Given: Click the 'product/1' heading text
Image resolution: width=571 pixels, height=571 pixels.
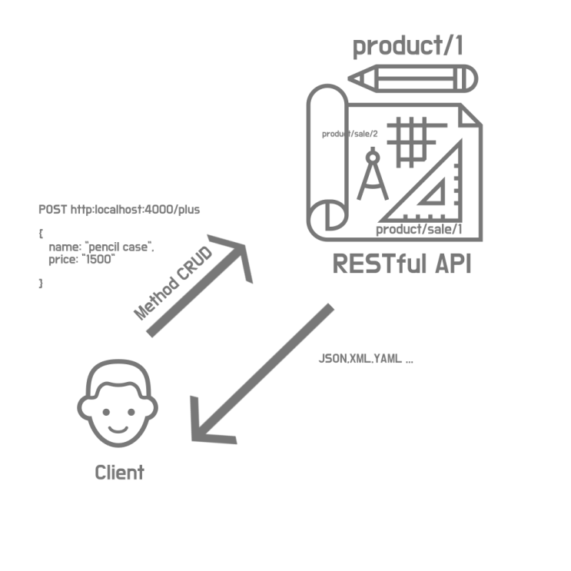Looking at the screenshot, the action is (408, 46).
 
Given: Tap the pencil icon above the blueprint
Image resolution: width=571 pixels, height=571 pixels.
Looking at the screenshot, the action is (413, 78).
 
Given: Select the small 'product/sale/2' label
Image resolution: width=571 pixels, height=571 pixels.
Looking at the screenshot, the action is (350, 134).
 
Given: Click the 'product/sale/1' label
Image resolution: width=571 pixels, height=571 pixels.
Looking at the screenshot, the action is (419, 230).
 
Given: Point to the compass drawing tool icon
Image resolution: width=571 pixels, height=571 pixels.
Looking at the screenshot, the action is (373, 174).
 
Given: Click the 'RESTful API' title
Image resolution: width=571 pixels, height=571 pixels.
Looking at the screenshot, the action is (402, 264).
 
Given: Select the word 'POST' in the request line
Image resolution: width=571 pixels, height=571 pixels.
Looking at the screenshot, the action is (53, 209).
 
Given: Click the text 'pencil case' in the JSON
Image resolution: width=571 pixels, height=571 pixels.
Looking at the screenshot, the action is (118, 247).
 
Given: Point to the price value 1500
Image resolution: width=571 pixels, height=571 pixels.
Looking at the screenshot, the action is (98, 259).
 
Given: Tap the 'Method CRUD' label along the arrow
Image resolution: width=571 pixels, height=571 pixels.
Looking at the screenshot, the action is (173, 284).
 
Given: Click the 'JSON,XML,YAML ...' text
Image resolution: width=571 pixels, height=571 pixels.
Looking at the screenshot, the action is (366, 359).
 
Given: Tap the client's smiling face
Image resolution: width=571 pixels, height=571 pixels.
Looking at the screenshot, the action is (118, 403).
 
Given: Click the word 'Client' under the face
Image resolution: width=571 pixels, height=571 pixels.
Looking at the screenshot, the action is (119, 473).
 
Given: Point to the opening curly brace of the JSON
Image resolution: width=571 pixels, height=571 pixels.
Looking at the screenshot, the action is (41, 234).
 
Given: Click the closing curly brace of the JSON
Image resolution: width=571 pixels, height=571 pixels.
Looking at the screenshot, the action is (41, 284).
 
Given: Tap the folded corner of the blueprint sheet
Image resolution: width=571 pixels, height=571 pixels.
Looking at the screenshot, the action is (470, 117).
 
